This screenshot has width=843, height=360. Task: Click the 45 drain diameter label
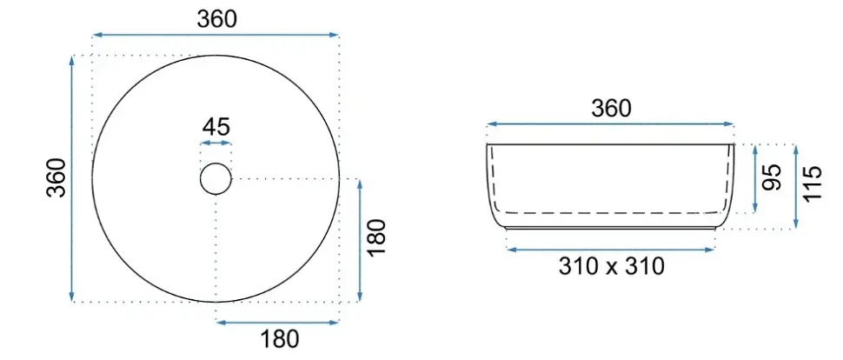click(216, 127)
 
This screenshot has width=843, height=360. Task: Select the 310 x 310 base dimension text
click(611, 266)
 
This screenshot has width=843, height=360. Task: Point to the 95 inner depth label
click(772, 177)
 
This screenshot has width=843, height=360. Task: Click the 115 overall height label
click(813, 183)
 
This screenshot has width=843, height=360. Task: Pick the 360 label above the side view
click(611, 110)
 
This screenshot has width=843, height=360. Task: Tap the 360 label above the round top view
click(216, 19)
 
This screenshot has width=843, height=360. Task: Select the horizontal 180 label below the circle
click(280, 339)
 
